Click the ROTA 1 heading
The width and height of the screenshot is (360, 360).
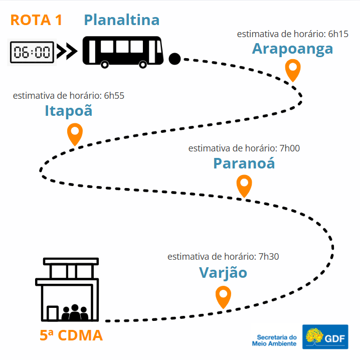(37, 20)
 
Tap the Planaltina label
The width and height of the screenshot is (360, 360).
(122, 20)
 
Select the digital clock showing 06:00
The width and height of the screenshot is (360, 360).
(32, 52)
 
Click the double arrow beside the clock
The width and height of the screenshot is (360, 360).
(67, 52)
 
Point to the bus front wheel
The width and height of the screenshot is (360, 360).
(143, 65)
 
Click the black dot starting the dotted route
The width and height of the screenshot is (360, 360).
(174, 59)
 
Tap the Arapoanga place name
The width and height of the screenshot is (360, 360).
(292, 49)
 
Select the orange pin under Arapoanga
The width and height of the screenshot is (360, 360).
(293, 70)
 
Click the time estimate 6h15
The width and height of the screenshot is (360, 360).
(338, 34)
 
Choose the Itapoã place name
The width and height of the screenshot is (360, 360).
(68, 110)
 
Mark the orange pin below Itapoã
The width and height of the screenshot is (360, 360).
(75, 134)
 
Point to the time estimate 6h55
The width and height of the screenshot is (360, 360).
(114, 96)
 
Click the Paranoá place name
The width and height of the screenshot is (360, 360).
(244, 163)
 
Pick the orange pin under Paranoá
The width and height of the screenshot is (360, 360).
(244, 186)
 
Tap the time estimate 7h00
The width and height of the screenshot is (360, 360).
(289, 148)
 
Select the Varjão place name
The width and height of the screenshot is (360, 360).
(223, 273)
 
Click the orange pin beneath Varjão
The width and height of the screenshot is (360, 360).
(223, 297)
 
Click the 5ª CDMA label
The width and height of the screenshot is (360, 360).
(71, 335)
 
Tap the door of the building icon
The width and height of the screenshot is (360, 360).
(53, 313)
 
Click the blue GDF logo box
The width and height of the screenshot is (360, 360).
(325, 336)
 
